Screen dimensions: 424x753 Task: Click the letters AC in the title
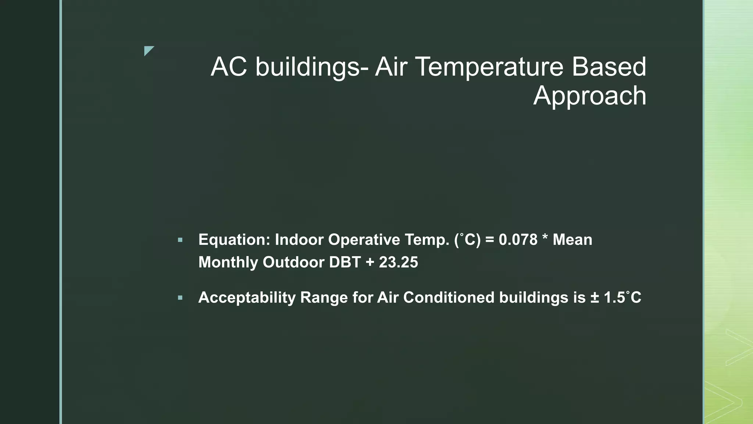tap(229, 67)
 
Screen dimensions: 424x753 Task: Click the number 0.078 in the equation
tap(518, 240)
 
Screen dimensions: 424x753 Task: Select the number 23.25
tap(399, 262)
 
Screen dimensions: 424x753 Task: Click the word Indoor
tap(299, 240)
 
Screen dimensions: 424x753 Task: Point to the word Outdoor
tap(293, 262)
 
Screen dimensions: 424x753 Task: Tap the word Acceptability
tap(247, 298)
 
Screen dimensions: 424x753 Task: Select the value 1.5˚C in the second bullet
tap(622, 297)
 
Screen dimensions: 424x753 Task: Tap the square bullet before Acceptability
tap(180, 298)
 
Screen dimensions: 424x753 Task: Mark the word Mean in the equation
tap(572, 240)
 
